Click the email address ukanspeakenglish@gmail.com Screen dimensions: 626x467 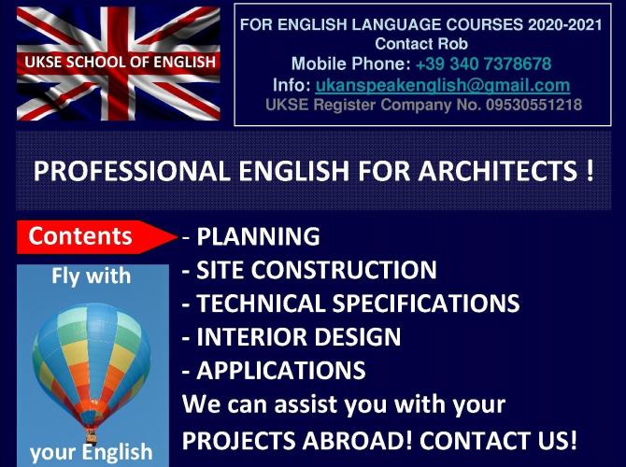pos(442,85)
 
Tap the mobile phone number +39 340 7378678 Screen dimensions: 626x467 pos(483,64)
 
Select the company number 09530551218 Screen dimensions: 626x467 pos(534,105)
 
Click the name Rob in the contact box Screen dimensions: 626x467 pos(453,44)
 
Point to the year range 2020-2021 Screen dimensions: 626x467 pos(565,24)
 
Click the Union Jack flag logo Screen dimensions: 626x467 pos(118,64)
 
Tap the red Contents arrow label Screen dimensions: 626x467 pos(96,236)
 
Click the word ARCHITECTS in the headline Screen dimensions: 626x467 pos(498,171)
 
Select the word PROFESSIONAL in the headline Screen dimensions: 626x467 pos(132,171)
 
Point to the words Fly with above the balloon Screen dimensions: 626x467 pos(91,276)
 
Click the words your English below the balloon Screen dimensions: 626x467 pos(91,452)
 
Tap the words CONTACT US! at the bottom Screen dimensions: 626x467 pos(498,440)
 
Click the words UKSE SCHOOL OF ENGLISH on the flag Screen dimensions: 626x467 pos(121,62)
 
